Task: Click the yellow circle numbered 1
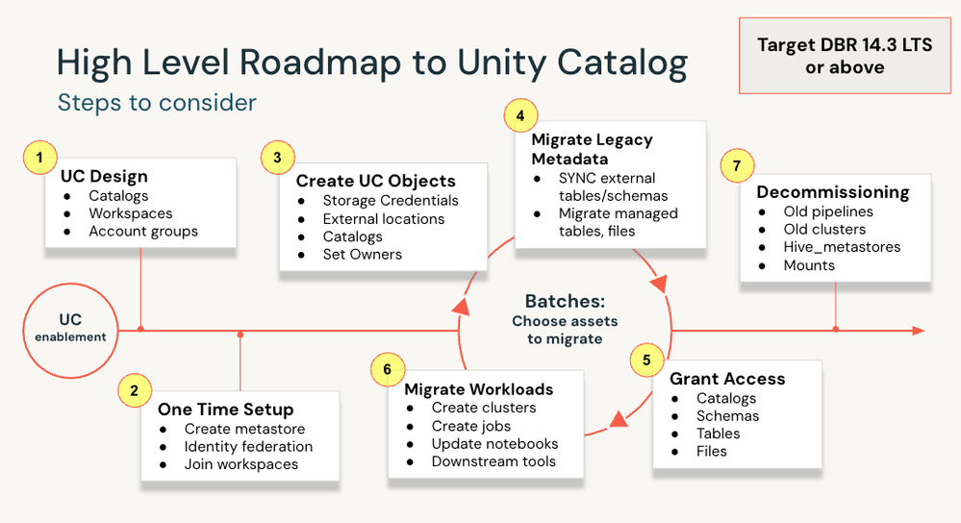point(39,158)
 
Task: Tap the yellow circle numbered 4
point(520,115)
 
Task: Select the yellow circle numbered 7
point(737,164)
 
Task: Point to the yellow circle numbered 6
point(388,369)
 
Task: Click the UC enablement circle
point(70,330)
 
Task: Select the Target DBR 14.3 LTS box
point(845,56)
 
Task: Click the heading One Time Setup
point(225,410)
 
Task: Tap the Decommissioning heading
point(833,191)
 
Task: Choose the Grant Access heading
point(727,379)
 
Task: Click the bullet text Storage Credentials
point(391,200)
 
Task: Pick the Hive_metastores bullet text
point(842,247)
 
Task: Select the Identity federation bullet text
point(248,446)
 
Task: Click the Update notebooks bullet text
point(494,443)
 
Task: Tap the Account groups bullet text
point(143,232)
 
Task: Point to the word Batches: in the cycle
point(565,301)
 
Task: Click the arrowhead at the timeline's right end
point(918,331)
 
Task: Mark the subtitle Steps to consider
point(157,102)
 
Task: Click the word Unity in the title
point(501,63)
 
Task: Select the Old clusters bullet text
point(824,229)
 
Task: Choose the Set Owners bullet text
point(363,254)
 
